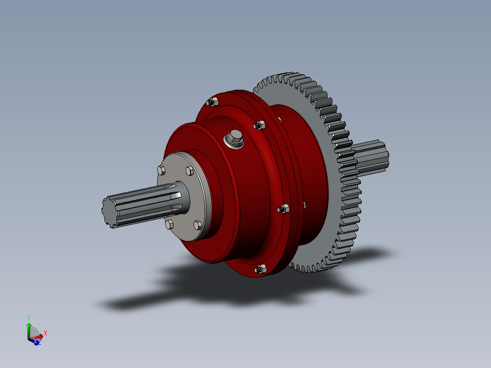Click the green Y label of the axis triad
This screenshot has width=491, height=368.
(28, 317)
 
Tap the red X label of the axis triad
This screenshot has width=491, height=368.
(46, 333)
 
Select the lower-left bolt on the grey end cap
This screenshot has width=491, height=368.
(169, 224)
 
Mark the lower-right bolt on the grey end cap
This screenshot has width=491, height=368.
(197, 225)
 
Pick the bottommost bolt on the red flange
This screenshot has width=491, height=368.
(261, 269)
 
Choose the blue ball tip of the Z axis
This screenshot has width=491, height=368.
(36, 342)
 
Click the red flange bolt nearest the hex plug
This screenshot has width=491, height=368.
(260, 125)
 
